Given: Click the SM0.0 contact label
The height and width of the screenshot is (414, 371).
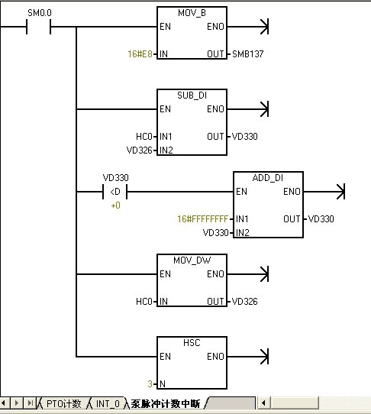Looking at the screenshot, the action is click(x=40, y=13).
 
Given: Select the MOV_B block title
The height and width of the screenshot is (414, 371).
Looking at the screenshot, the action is click(x=192, y=13).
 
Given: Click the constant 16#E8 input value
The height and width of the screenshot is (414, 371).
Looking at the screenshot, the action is click(x=140, y=54).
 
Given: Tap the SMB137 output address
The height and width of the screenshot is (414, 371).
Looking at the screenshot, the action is click(x=248, y=54).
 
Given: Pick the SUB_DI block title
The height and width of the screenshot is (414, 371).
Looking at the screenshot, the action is click(x=192, y=95).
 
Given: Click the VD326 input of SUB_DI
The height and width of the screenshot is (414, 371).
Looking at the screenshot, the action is click(x=140, y=150).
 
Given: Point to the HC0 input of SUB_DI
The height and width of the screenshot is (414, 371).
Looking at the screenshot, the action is click(x=144, y=137).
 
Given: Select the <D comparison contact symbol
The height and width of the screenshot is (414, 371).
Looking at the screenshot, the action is click(x=115, y=192).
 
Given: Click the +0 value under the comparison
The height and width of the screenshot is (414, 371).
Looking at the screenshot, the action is click(x=115, y=205).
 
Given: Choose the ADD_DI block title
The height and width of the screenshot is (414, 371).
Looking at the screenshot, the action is click(x=268, y=178).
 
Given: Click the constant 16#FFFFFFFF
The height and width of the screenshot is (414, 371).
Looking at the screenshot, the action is click(x=202, y=219).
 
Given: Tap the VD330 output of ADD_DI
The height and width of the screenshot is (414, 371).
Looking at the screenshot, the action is click(x=321, y=219).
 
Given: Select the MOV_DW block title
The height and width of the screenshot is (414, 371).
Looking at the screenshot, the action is click(x=192, y=260).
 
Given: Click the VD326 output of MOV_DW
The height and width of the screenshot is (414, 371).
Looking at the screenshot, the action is click(x=244, y=301).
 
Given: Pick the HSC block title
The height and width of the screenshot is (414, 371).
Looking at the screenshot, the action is click(x=192, y=343).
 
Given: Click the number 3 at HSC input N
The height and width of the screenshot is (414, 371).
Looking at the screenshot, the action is click(x=150, y=383).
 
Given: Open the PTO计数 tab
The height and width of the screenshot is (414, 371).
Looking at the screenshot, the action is click(x=63, y=404).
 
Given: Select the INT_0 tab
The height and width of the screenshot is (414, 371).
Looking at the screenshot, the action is click(x=108, y=404).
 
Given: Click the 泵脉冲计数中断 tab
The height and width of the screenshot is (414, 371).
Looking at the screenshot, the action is click(x=166, y=404).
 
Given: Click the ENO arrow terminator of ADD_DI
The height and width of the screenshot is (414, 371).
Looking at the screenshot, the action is click(x=340, y=192).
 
